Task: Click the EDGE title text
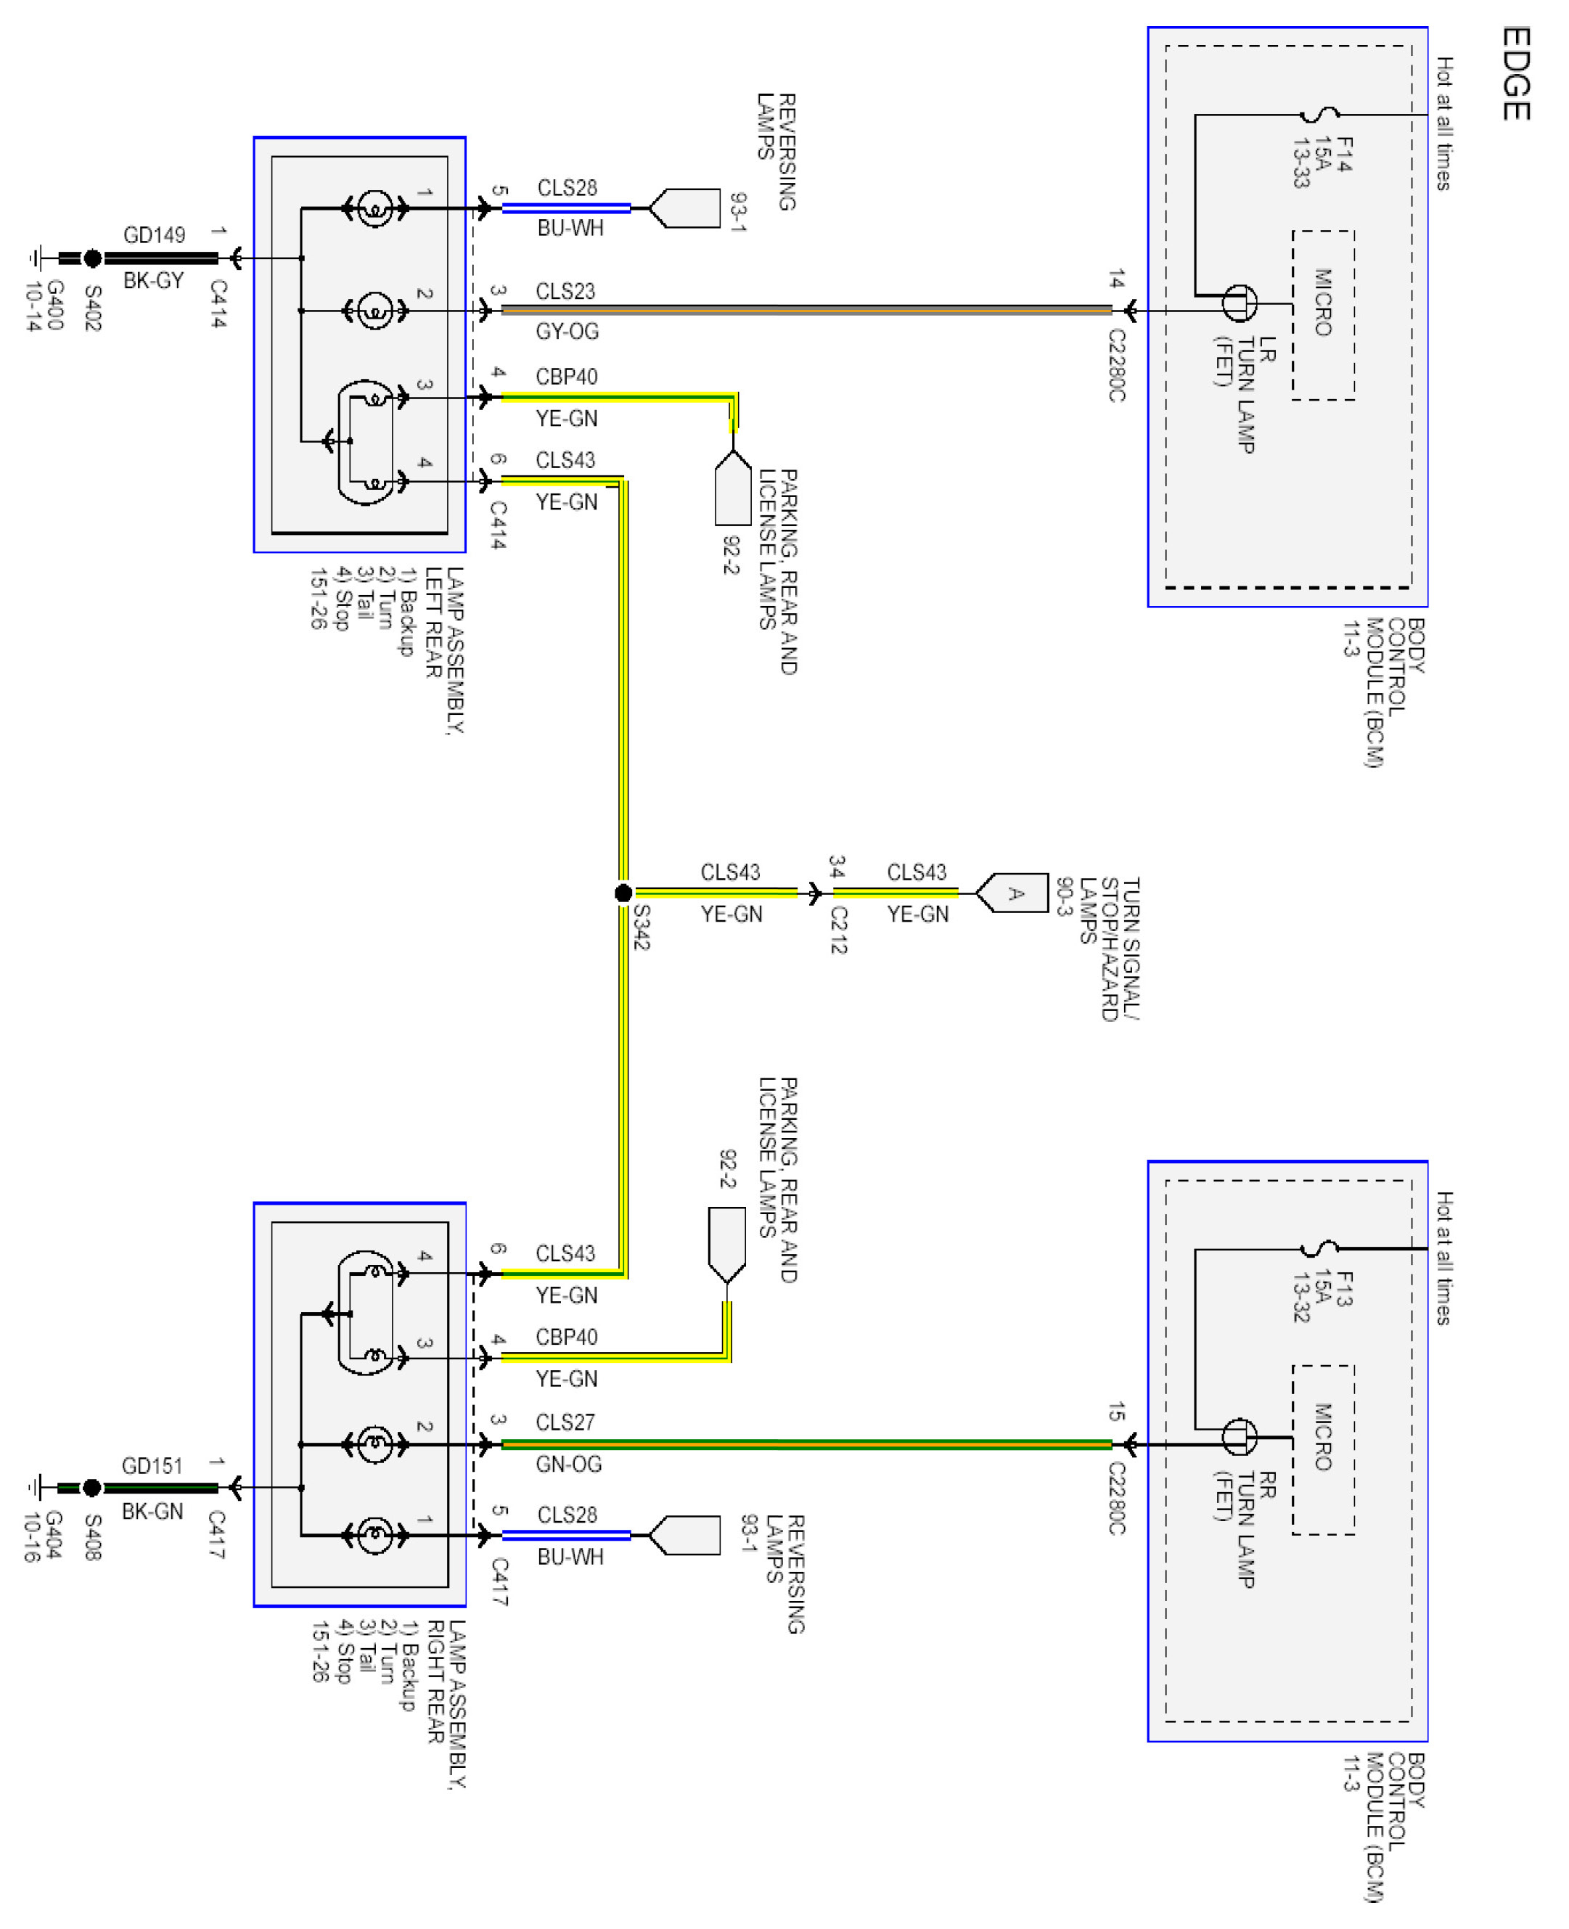tap(1516, 73)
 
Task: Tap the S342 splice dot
tap(623, 893)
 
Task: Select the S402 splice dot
tap(92, 258)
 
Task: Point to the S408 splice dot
tap(91, 1487)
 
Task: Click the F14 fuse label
tap(1344, 155)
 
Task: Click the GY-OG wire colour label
tap(568, 332)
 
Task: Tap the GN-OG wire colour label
tap(568, 1464)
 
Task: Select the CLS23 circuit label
tap(566, 291)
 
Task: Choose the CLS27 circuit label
tap(566, 1422)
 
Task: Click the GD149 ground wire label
tap(155, 235)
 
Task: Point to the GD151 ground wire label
tap(152, 1465)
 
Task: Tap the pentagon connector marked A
tap(1012, 893)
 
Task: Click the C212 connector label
tap(839, 930)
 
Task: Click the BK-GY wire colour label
tap(154, 280)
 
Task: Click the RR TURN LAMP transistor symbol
tap(1239, 1436)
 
